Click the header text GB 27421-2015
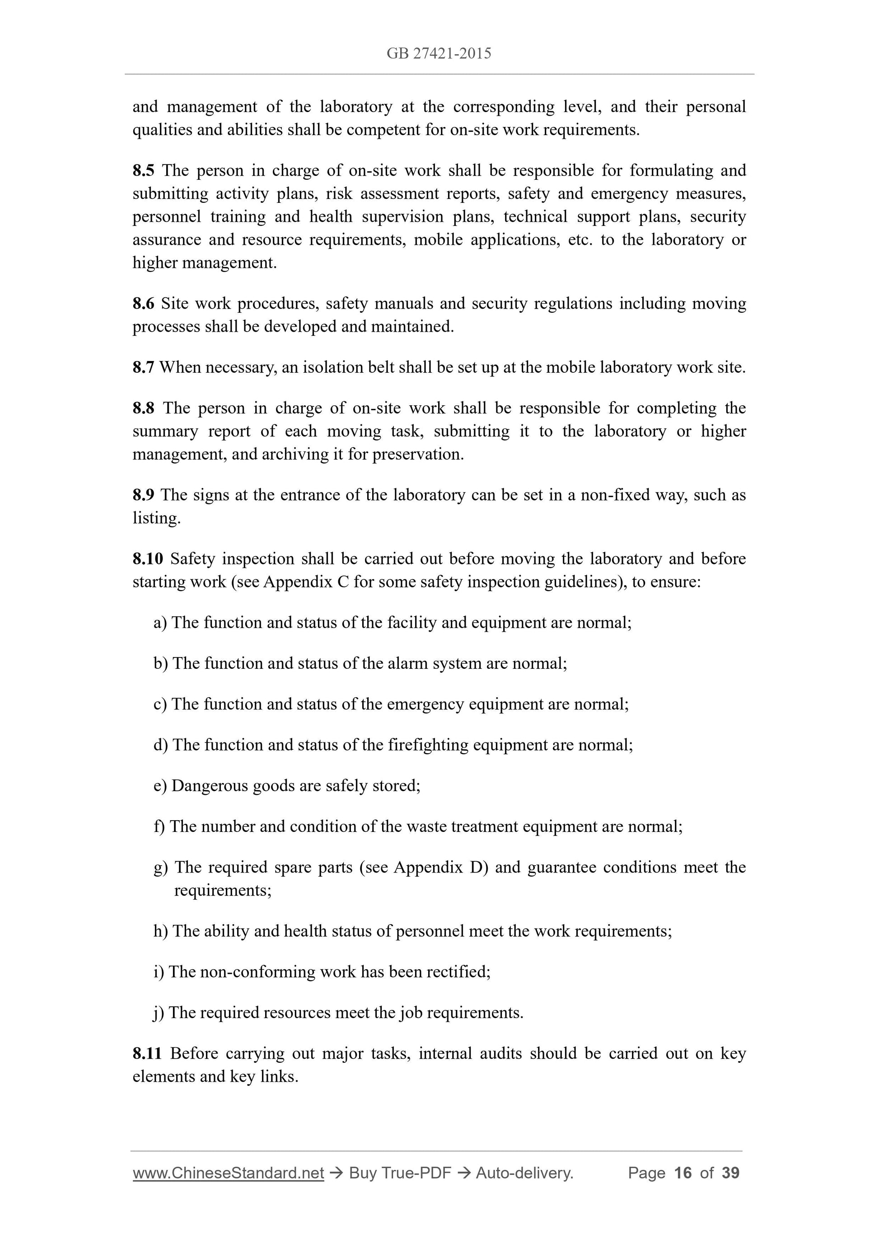pos(439,53)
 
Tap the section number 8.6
pos(143,303)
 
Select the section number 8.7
pos(143,367)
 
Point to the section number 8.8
pos(143,408)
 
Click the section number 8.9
pos(143,495)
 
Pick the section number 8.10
pos(147,559)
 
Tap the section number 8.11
pos(147,1053)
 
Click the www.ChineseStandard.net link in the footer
pos(228,1173)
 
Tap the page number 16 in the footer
pos(683,1173)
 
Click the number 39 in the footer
pos(730,1173)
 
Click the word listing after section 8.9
pos(156,518)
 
